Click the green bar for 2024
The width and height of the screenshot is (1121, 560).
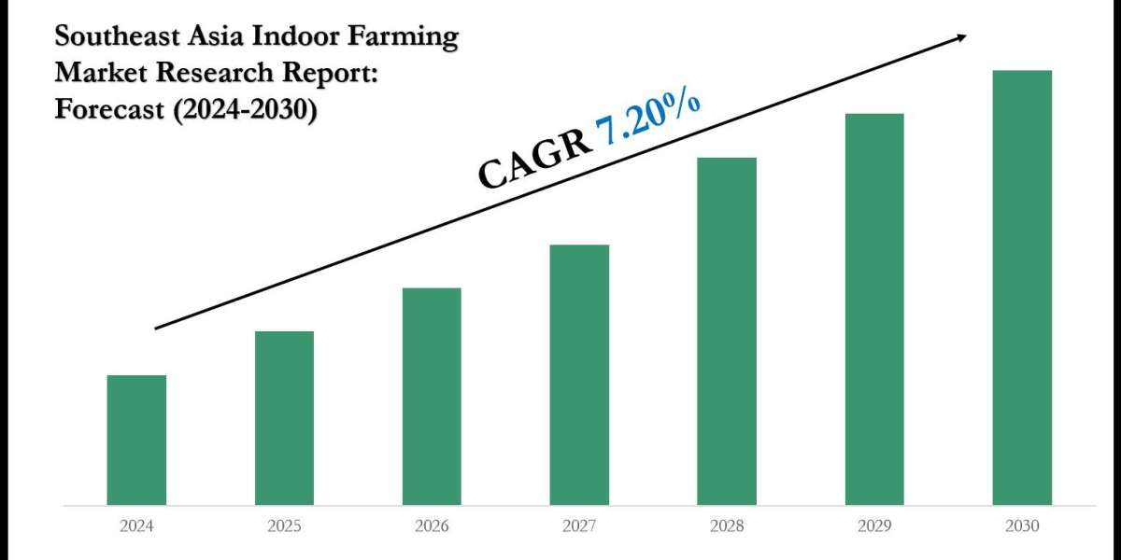click(x=136, y=440)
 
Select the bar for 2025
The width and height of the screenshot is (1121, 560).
click(x=284, y=418)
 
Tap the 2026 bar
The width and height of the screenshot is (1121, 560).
click(x=432, y=397)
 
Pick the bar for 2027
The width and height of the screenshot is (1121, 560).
click(x=579, y=374)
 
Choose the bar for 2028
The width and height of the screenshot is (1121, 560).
click(x=727, y=331)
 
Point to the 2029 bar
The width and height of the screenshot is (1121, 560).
click(x=874, y=309)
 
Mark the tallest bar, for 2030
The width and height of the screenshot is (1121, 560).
click(x=1022, y=287)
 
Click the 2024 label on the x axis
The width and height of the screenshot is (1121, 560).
click(x=136, y=526)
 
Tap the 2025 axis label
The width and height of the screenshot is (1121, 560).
click(x=284, y=526)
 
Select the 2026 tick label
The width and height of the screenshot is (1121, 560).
click(x=432, y=526)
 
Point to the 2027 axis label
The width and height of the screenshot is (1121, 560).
click(x=579, y=526)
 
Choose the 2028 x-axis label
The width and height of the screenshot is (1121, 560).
click(x=727, y=526)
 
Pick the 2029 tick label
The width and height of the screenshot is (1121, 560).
click(x=874, y=526)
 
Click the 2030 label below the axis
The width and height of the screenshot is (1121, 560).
click(x=1022, y=526)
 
